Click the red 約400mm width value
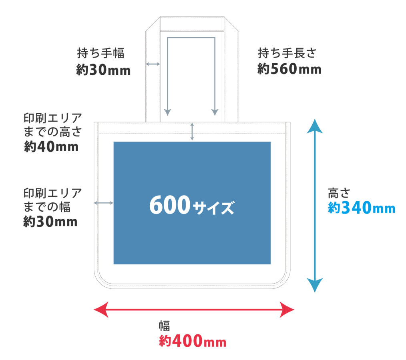pyautogui.click(x=193, y=341)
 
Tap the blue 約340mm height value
pyautogui.click(x=362, y=208)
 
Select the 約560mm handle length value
pyautogui.click(x=289, y=69)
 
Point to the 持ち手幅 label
pyautogui.click(x=100, y=53)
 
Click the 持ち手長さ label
pyautogui.click(x=287, y=52)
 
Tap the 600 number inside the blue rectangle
pyautogui.click(x=169, y=205)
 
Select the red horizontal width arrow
pyautogui.click(x=194, y=310)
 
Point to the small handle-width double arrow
pyautogui.click(x=153, y=64)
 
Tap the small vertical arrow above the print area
pyautogui.click(x=192, y=132)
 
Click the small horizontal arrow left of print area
pyautogui.click(x=103, y=203)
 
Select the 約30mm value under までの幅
pyautogui.click(x=50, y=222)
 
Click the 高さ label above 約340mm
pyautogui.click(x=339, y=193)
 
